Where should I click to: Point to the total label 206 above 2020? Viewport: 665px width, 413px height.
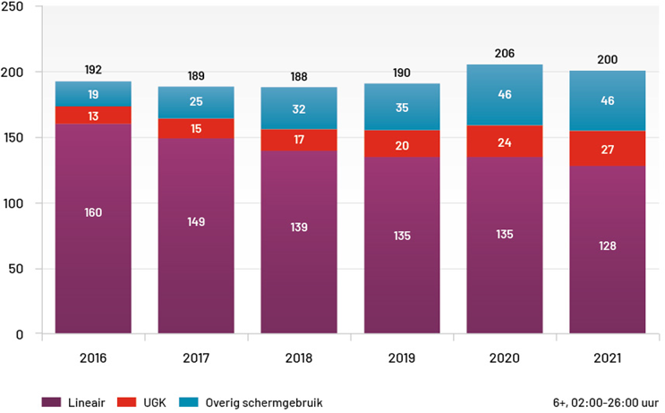pos(505,54)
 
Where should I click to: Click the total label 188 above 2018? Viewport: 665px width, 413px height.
pos(299,76)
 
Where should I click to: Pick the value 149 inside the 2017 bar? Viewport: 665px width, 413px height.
pos(196,222)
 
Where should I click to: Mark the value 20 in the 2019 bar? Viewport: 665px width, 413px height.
pos(402,146)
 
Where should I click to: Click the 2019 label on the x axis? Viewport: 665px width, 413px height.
pos(402,358)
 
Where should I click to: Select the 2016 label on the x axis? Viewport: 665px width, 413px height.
pos(93,358)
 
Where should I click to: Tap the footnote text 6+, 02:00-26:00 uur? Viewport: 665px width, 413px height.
pos(606,402)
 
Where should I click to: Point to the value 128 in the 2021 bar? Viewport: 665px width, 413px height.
pos(607,245)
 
